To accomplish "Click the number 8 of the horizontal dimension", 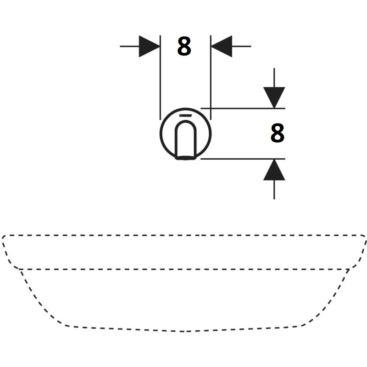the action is click(x=184, y=46).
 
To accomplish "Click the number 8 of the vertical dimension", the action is click(x=278, y=133).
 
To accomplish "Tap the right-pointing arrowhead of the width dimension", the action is click(x=150, y=46).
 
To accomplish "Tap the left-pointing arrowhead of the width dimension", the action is click(x=222, y=46).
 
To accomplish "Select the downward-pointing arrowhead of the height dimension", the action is click(x=274, y=98).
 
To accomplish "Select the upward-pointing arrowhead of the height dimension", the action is click(x=274, y=170).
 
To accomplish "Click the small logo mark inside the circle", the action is click(x=186, y=116).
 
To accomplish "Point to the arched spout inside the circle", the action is click(x=186, y=140).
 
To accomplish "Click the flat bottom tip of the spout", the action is click(x=186, y=158).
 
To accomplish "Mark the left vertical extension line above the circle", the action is click(x=160, y=78).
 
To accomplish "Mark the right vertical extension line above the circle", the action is click(x=211, y=78).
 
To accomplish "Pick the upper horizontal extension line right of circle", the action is click(x=243, y=108).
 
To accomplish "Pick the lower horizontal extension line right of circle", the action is click(x=243, y=159).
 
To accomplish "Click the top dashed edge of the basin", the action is click(x=184, y=235).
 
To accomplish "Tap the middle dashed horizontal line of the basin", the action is click(x=184, y=269).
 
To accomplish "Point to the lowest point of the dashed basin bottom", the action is click(x=184, y=331).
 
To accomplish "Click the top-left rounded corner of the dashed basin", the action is click(x=4, y=236).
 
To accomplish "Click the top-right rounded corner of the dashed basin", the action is click(x=364, y=236).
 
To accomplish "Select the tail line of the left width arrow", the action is click(x=129, y=46).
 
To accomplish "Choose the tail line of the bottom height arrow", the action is click(x=274, y=190).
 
